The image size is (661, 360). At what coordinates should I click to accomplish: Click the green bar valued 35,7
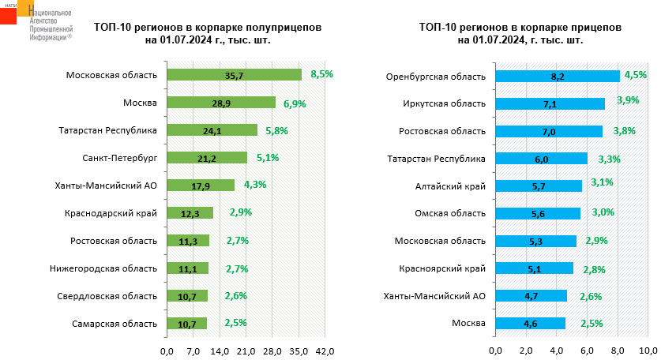pos(234,75)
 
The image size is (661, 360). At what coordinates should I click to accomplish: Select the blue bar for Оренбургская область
pos(557,76)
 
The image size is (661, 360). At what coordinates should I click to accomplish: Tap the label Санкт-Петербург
pos(119,158)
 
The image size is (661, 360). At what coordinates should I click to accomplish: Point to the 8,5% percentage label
pos(322,73)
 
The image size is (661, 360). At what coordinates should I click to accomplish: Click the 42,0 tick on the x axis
pos(325,351)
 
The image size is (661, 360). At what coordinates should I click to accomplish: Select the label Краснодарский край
pos(112,213)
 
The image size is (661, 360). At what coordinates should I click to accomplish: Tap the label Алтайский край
pos(450,186)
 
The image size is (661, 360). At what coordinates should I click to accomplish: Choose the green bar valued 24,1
pos(212,130)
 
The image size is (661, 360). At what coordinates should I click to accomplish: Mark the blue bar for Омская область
pos(538,213)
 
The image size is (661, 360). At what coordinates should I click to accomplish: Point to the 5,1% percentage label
pos(268,158)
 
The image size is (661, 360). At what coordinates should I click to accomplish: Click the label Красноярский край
pos(443,268)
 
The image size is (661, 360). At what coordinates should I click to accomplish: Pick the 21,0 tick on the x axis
pos(246,351)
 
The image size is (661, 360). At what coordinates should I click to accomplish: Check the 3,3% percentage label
pos(610,159)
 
